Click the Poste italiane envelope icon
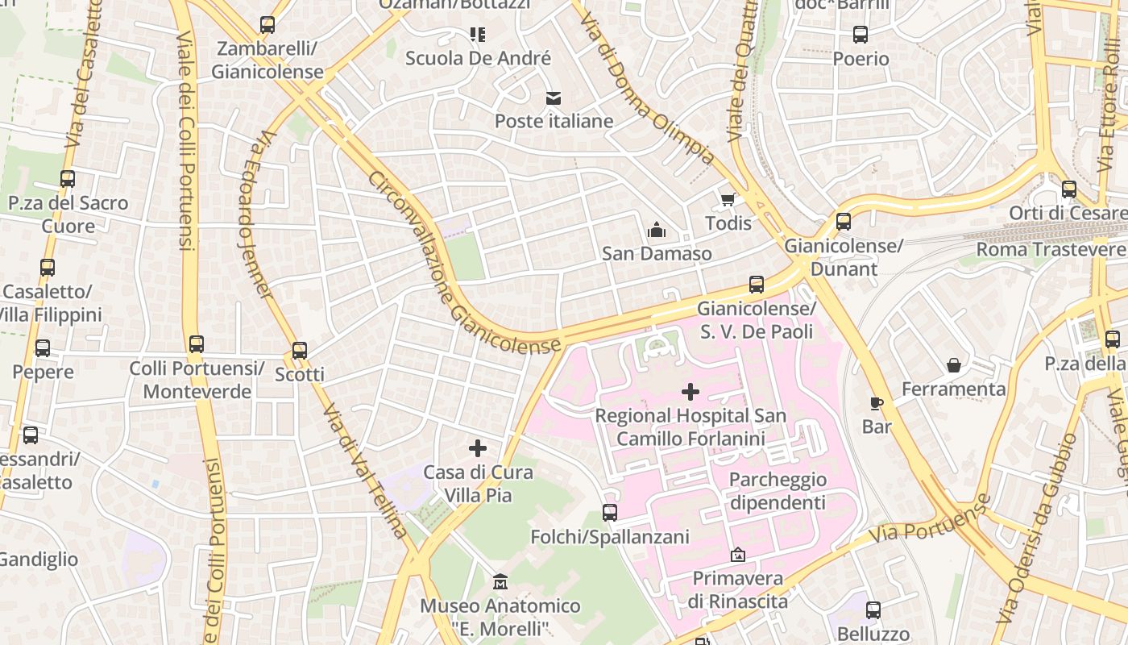click(554, 98)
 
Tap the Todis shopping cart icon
click(728, 199)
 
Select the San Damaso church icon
click(657, 231)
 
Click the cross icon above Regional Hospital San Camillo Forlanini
click(690, 392)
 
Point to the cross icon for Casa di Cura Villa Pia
click(478, 448)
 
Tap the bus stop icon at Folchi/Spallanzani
click(610, 513)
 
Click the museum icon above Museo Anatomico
click(500, 581)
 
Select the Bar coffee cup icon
click(877, 403)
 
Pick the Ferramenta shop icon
click(954, 365)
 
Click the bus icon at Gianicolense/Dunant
click(844, 221)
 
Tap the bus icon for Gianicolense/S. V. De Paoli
click(756, 284)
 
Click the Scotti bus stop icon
click(300, 351)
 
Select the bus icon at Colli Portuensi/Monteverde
click(197, 344)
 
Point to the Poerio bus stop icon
click(861, 35)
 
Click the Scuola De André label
click(478, 58)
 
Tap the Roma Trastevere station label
click(1051, 249)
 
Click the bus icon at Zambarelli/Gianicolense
click(267, 25)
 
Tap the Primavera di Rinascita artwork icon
click(737, 555)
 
